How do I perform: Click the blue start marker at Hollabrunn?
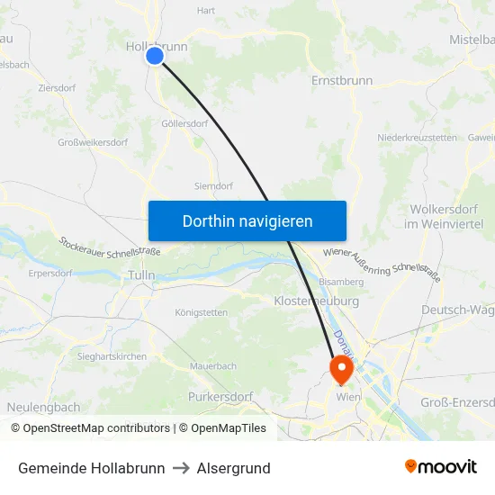pos(155,56)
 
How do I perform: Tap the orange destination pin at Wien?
pos(341,369)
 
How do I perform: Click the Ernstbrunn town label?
pos(341,80)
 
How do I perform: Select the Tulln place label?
pos(141,274)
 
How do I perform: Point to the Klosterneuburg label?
pos(316,301)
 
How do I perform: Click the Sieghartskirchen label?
pos(112,356)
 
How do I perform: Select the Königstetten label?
pos(201,312)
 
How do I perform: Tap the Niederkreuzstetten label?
pos(418,137)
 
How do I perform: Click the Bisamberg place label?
pos(341,282)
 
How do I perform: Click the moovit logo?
pos(440,466)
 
